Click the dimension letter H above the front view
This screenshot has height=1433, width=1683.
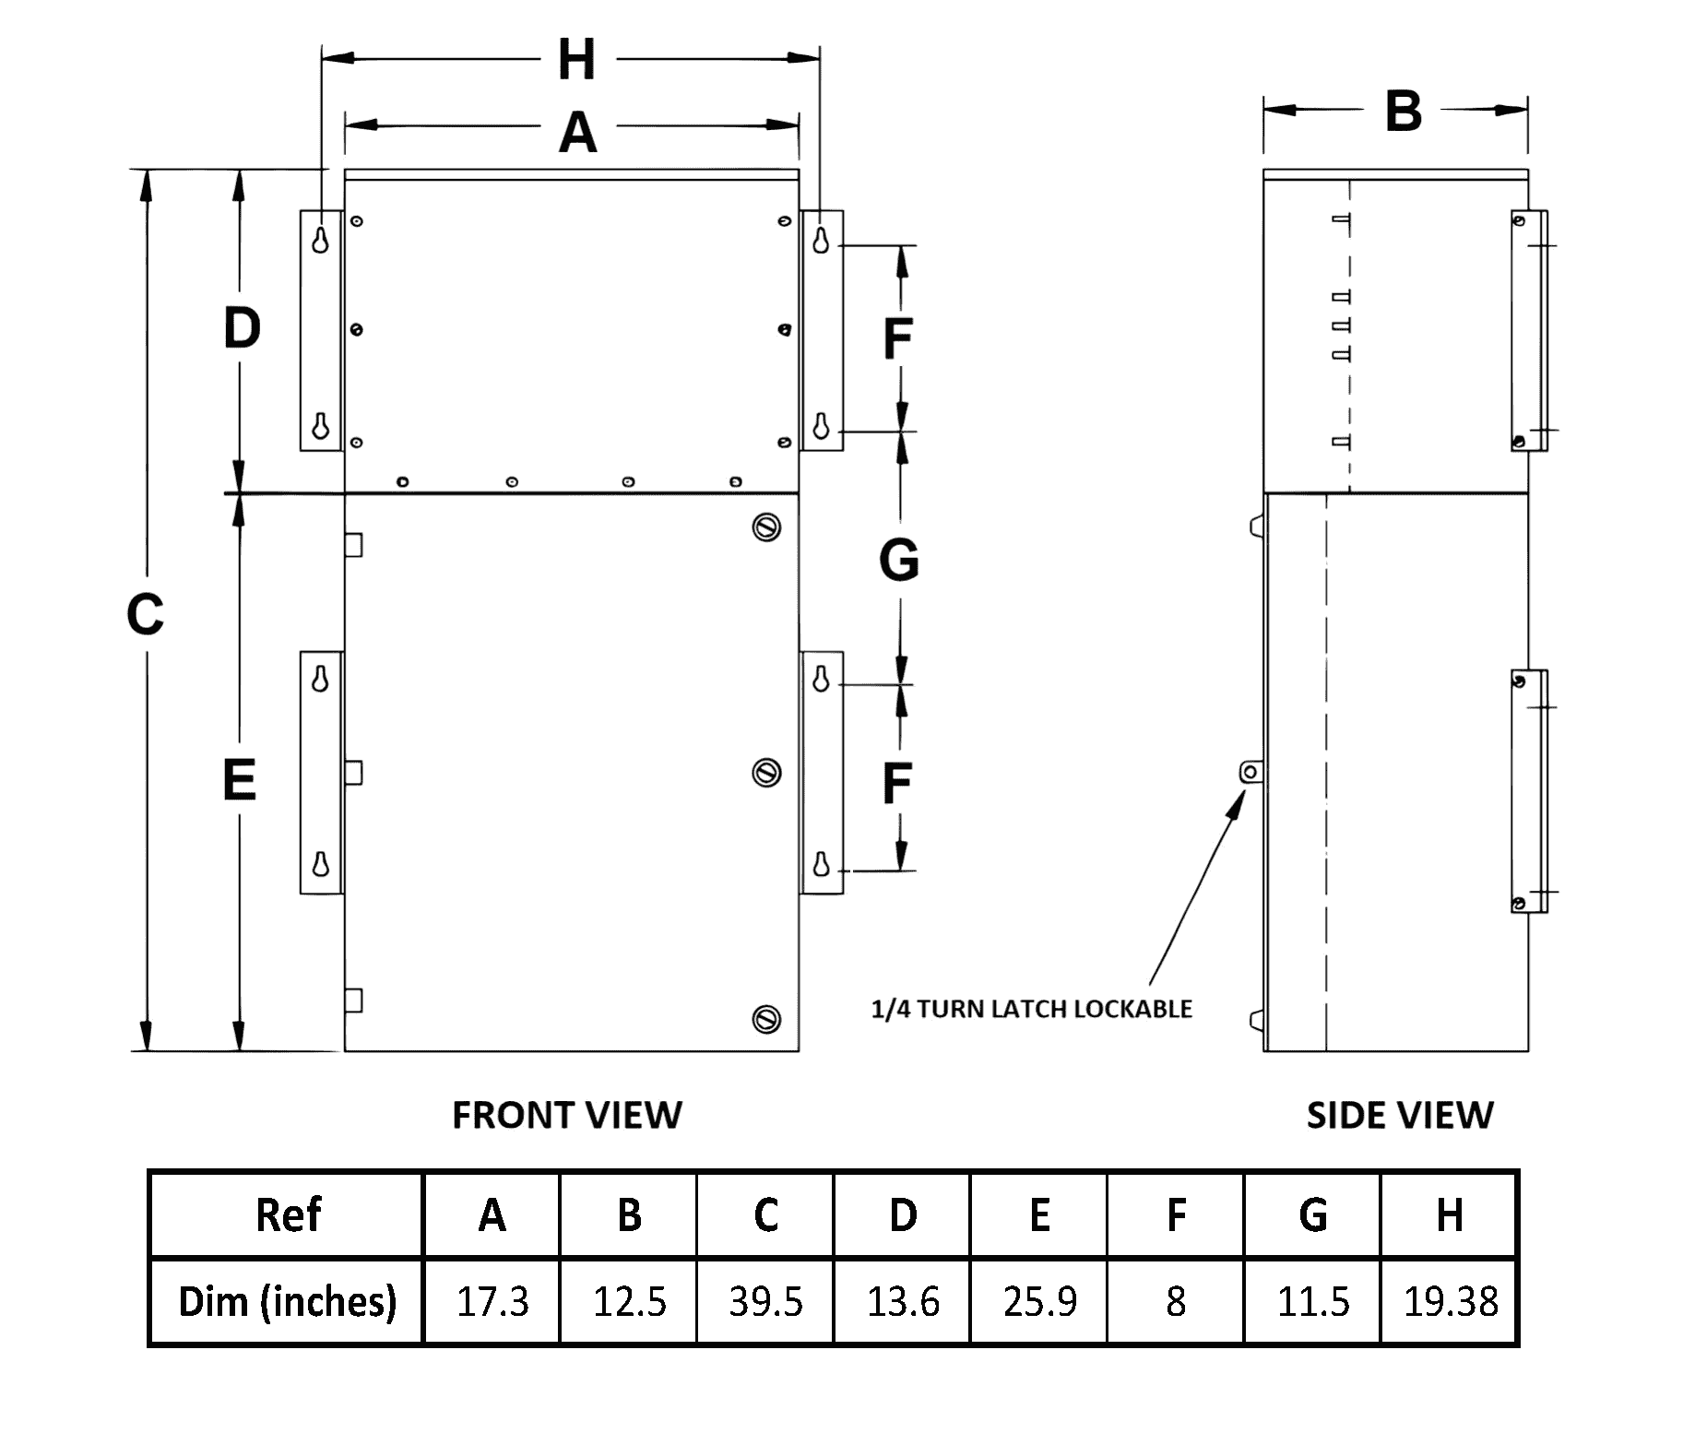click(x=577, y=60)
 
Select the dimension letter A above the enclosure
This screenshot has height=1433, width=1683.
click(x=578, y=132)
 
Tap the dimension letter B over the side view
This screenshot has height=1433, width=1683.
click(x=1403, y=112)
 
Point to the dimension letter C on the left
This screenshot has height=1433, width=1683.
click(x=145, y=614)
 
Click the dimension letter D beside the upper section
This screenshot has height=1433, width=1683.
click(x=242, y=328)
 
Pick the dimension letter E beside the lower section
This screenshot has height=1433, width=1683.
click(x=240, y=780)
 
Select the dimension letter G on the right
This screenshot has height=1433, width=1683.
click(x=899, y=560)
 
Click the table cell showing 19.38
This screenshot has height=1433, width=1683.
click(x=1450, y=1301)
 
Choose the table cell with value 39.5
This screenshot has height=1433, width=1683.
click(x=765, y=1301)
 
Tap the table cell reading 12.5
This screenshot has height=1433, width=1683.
click(x=629, y=1301)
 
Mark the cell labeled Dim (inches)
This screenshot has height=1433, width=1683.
click(x=287, y=1301)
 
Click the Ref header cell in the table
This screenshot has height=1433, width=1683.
click(x=287, y=1214)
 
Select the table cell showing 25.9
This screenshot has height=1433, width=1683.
click(x=1039, y=1301)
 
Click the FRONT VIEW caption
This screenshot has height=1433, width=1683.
click(x=567, y=1116)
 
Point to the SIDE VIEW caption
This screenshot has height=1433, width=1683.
click(x=1400, y=1116)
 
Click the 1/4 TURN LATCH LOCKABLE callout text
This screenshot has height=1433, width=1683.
click(x=1032, y=1009)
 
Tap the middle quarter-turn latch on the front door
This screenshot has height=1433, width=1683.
click(x=767, y=772)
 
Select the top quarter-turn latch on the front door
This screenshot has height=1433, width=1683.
click(x=767, y=527)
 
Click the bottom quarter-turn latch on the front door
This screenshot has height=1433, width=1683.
click(x=767, y=1019)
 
